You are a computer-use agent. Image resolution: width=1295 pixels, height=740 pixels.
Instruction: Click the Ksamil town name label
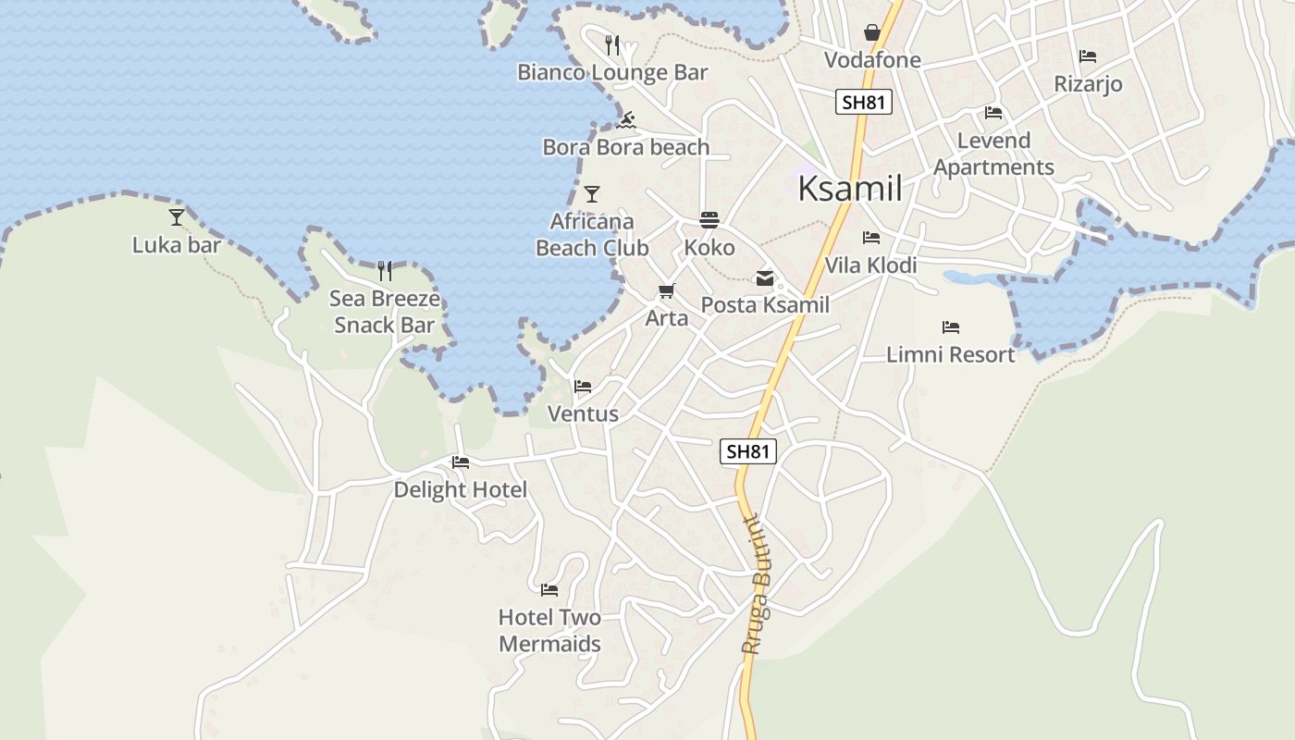pos(849,189)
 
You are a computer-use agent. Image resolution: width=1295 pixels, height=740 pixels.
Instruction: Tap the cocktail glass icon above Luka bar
pos(177,217)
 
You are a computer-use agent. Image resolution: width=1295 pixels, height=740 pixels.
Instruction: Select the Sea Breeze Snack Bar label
pos(385,312)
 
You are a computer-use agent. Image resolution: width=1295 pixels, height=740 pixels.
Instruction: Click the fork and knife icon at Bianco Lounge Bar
pos(611,44)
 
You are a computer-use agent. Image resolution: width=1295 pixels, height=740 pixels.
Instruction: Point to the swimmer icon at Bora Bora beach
pos(626,120)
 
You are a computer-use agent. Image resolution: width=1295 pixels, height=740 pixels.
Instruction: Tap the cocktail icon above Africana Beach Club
pos(592,194)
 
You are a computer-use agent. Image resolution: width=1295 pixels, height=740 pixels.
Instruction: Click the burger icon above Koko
pos(709,220)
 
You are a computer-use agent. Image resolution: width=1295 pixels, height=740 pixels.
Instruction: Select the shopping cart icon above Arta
pos(666,291)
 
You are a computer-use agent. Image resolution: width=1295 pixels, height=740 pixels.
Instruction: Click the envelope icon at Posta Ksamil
pos(765,277)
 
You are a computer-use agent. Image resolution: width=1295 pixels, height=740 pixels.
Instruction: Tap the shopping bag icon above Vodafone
pos(871,33)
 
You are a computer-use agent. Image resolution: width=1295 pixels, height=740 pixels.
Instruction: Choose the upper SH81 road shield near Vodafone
pos(864,102)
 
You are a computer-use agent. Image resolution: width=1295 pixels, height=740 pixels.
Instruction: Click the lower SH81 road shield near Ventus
pos(747,451)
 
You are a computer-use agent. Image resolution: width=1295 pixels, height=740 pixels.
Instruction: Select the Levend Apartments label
pos(993,154)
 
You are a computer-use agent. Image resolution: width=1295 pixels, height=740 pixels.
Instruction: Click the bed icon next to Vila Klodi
pos(871,238)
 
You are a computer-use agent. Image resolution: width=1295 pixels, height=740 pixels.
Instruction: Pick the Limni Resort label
pos(950,354)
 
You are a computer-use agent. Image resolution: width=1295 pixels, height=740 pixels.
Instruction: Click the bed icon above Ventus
pos(583,386)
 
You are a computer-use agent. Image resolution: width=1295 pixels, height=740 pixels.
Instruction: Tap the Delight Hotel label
pos(460,489)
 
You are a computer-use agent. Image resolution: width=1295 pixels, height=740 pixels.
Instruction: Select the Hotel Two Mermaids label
pos(549,630)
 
